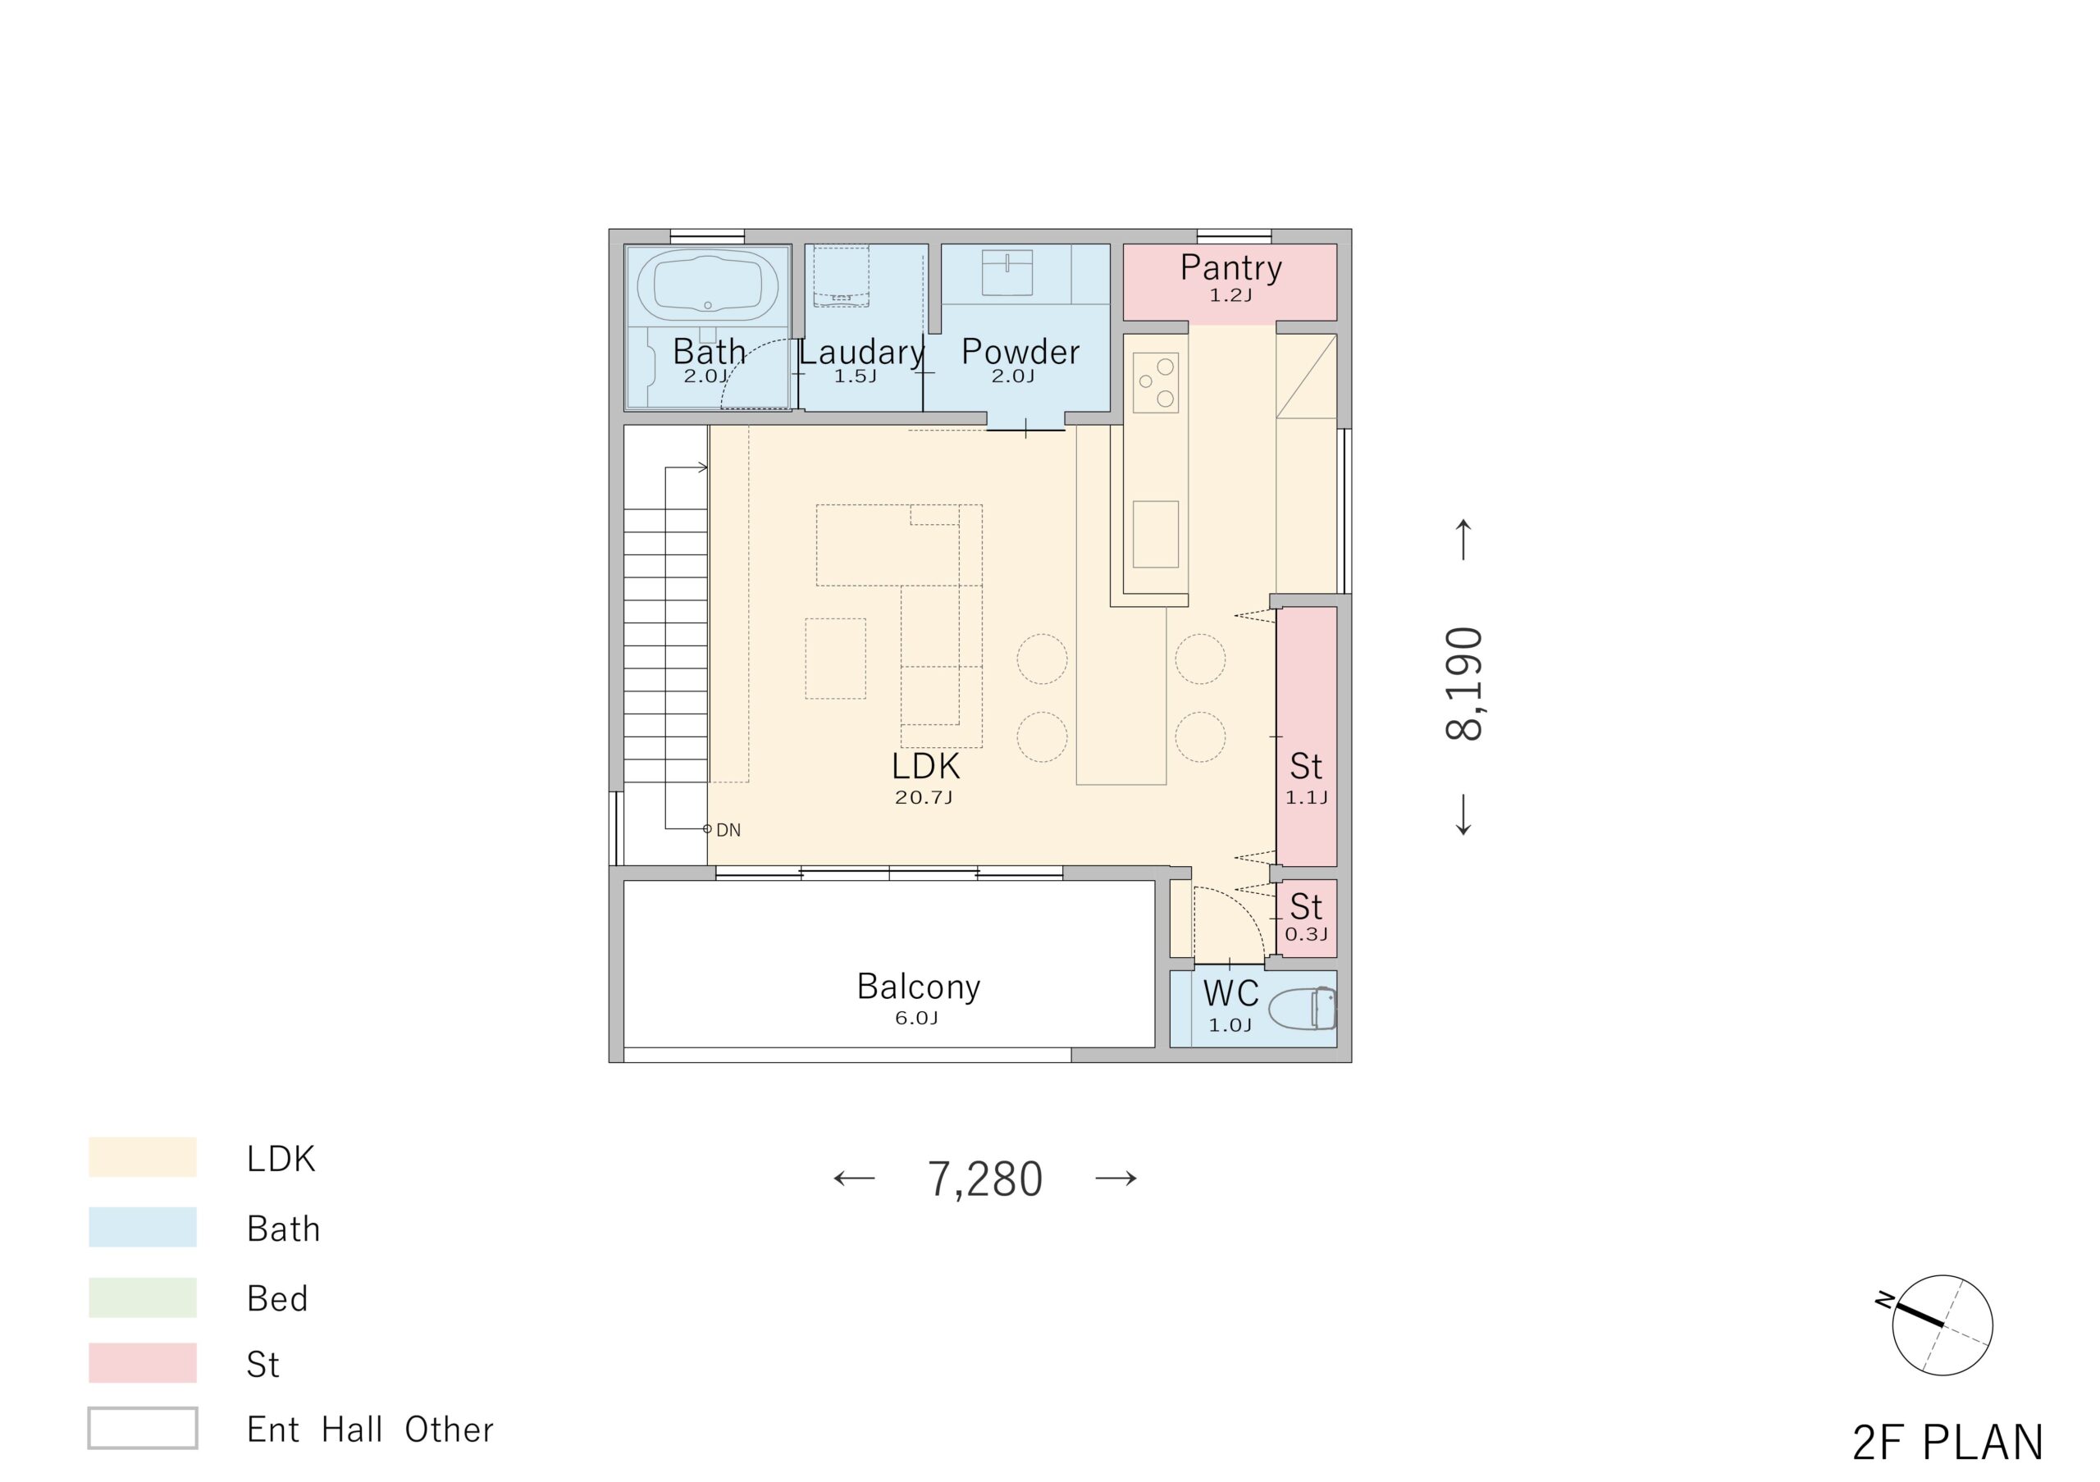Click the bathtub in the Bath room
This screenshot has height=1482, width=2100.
click(707, 285)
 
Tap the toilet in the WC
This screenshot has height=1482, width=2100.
click(1303, 1009)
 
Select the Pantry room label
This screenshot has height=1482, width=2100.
click(1230, 267)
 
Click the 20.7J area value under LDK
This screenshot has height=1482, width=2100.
click(924, 797)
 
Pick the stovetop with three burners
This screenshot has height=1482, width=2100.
click(1155, 383)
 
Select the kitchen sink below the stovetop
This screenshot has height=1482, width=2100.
click(1155, 534)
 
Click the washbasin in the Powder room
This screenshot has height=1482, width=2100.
click(1007, 272)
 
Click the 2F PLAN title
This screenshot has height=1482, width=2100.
click(1947, 1443)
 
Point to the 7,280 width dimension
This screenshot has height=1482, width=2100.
click(985, 1179)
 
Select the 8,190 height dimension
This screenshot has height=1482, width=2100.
click(1463, 683)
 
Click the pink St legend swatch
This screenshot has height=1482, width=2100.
click(143, 1362)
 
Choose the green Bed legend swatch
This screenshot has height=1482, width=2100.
click(143, 1297)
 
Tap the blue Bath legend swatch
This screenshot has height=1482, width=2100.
click(143, 1227)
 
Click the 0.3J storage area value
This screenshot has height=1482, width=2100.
click(1306, 934)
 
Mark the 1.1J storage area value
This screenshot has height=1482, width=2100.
click(1306, 797)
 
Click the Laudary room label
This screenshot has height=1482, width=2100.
click(861, 352)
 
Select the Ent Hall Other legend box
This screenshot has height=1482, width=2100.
click(143, 1428)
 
